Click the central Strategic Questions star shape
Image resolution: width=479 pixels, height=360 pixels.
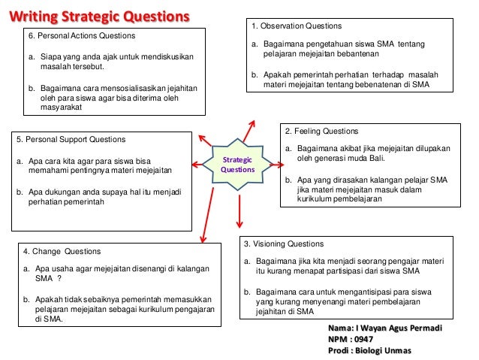tap(237, 165)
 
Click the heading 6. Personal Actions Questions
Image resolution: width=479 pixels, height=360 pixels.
tap(82, 36)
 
